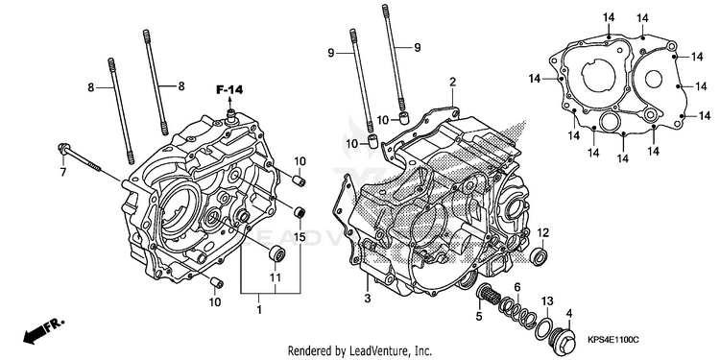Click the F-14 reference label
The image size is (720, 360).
[229, 90]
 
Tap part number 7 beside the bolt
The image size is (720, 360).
[63, 172]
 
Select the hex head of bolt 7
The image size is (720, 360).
[63, 148]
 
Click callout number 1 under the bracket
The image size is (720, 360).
[259, 309]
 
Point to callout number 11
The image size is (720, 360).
[276, 277]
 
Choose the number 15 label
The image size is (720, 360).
[300, 237]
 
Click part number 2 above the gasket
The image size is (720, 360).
[453, 83]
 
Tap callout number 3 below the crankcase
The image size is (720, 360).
[368, 299]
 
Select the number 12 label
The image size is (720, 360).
[542, 233]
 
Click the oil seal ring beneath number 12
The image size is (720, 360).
[540, 256]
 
